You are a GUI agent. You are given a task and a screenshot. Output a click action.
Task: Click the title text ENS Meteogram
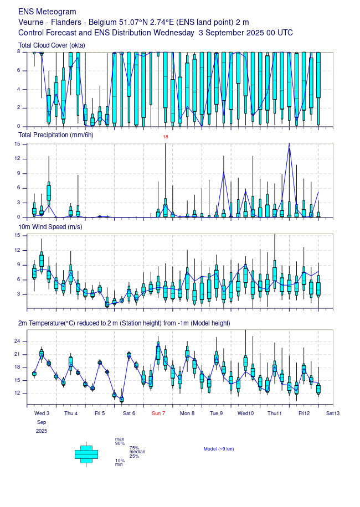point(47,12)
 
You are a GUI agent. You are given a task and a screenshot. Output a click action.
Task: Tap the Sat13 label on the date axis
point(333,413)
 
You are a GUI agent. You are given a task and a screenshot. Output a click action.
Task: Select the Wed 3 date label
point(42,413)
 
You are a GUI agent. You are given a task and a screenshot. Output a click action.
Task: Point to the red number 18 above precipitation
point(165,137)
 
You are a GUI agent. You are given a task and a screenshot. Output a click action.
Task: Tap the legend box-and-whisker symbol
point(86,454)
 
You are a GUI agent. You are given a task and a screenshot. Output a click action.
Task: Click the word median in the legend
point(137,452)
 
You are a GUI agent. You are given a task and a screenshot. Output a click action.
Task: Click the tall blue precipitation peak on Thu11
point(289,144)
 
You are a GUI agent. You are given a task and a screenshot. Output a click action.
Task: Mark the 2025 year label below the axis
point(42,431)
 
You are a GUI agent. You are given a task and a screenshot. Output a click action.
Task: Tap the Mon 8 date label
point(187,413)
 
